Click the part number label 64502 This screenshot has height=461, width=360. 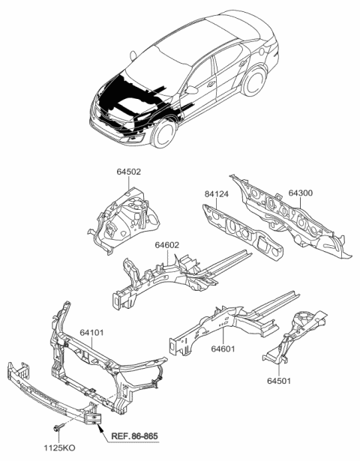[x=128, y=172]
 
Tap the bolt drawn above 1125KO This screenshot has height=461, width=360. [x=58, y=427]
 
